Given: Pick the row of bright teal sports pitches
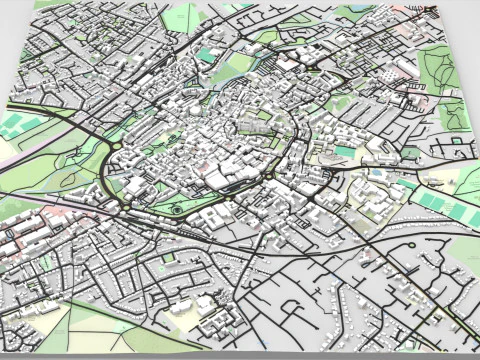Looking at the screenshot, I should [441, 205].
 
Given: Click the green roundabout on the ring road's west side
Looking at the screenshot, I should [117, 147].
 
